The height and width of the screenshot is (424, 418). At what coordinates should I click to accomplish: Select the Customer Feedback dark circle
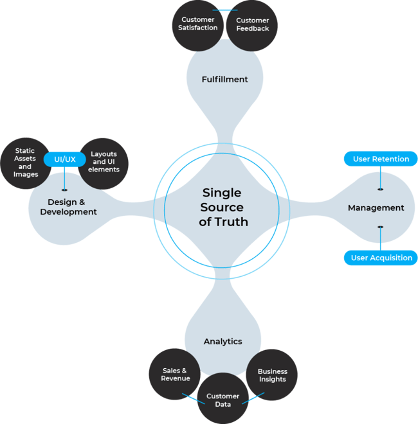coord(252,25)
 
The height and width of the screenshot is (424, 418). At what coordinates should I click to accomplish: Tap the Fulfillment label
coord(225,79)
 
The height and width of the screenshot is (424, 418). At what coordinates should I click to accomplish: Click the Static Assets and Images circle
coord(26,163)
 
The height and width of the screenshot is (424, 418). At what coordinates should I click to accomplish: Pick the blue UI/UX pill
coord(64,158)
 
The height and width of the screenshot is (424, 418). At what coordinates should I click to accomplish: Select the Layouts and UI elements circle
coord(105,162)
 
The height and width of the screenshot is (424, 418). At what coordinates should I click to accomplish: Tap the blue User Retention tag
coord(381,159)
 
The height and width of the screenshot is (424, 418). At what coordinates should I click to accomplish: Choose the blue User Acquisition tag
coord(381,258)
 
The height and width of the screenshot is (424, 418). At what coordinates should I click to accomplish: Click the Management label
coord(376,208)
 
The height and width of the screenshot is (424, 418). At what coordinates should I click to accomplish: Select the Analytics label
coord(223,341)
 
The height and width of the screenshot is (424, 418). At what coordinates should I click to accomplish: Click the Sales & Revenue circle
coord(175,375)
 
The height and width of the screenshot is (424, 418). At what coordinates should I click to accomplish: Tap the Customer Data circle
coord(223,400)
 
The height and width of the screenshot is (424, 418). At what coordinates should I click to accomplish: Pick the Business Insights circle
coord(272,375)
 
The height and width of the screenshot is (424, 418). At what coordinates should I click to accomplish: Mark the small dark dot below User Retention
coord(380,189)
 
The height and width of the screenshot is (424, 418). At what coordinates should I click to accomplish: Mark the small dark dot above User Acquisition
coord(380,227)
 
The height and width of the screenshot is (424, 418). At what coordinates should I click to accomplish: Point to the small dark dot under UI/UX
coord(64,190)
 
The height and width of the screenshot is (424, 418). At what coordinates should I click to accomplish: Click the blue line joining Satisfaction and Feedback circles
coord(225,10)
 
